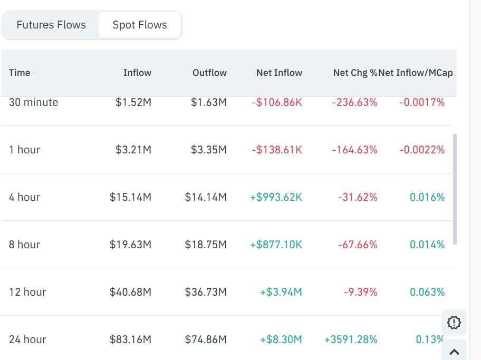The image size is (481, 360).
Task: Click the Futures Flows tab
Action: point(51,25)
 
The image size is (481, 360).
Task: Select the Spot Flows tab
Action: point(140,25)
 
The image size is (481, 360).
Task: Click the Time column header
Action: point(20,73)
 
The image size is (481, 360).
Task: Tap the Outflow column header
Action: point(209,73)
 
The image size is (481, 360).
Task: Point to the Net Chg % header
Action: point(355,73)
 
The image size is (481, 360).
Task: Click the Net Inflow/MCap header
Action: point(416,73)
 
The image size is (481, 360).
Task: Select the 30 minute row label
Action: point(33,102)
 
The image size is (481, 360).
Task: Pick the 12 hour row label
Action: point(27,292)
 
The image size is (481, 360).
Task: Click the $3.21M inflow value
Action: point(133,150)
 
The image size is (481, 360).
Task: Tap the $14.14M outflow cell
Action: point(206,197)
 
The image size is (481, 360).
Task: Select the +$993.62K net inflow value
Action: point(276,197)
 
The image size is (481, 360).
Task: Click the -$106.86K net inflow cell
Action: point(277,102)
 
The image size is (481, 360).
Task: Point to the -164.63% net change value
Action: point(354,150)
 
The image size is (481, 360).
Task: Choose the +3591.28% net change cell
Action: point(351,339)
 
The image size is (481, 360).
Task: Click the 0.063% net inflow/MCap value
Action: point(427,292)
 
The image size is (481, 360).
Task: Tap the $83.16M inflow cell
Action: point(130,339)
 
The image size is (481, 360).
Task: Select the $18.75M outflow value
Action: point(206,245)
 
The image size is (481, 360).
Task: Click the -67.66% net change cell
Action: point(358,245)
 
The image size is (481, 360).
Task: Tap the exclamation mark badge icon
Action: point(454,323)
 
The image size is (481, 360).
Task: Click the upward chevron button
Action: point(454,352)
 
